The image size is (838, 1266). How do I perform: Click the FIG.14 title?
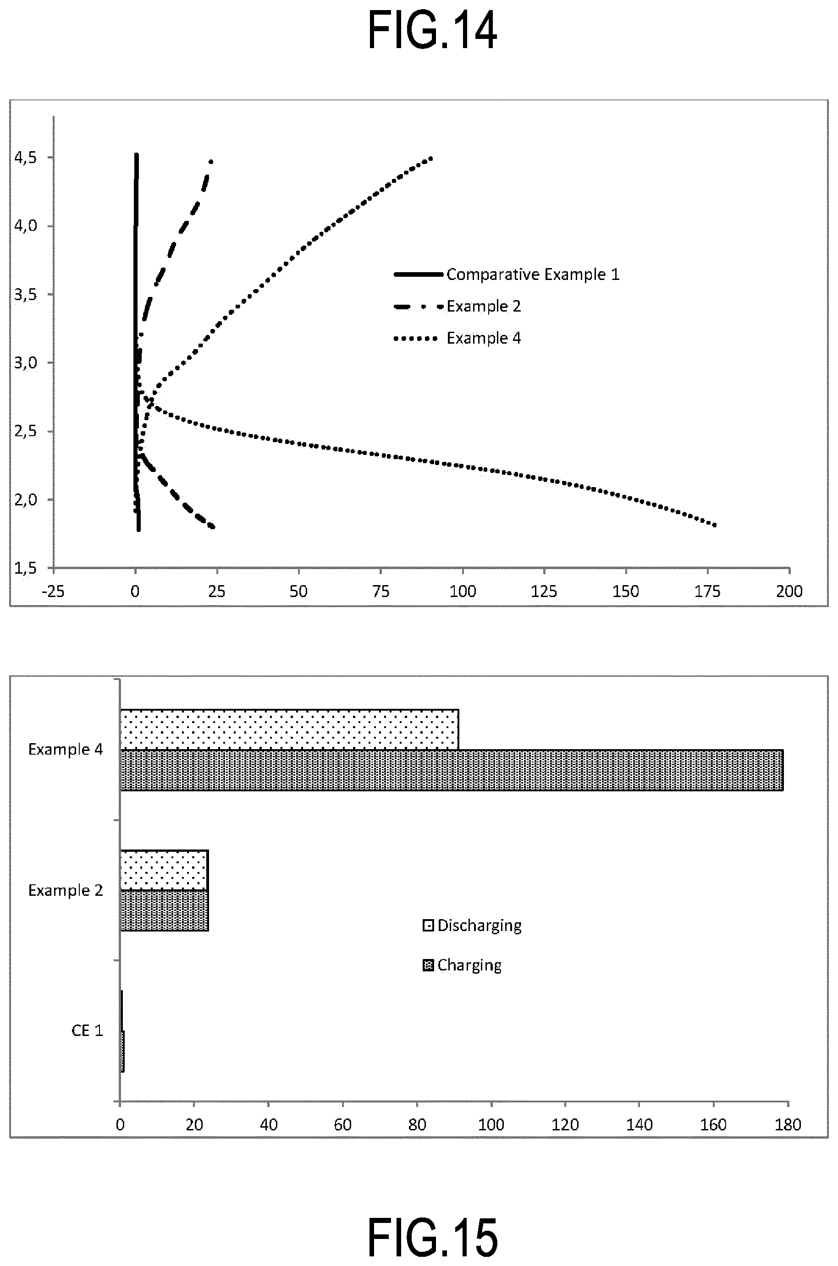click(x=432, y=31)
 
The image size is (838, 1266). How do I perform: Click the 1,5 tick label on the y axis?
click(x=26, y=568)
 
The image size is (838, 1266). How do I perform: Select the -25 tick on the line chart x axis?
click(x=54, y=592)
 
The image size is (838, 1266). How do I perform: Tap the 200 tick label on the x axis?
click(x=790, y=592)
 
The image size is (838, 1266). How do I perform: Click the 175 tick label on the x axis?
click(x=708, y=592)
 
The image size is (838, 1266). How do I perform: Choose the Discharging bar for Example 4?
click(x=290, y=730)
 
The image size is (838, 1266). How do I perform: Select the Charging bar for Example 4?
click(x=452, y=770)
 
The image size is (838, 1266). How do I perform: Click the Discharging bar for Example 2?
click(x=164, y=870)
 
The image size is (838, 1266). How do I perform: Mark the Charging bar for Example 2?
click(x=164, y=910)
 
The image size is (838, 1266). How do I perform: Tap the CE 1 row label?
click(x=87, y=1030)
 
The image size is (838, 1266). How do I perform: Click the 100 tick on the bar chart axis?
click(x=491, y=1124)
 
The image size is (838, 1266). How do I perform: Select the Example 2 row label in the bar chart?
click(x=65, y=890)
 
